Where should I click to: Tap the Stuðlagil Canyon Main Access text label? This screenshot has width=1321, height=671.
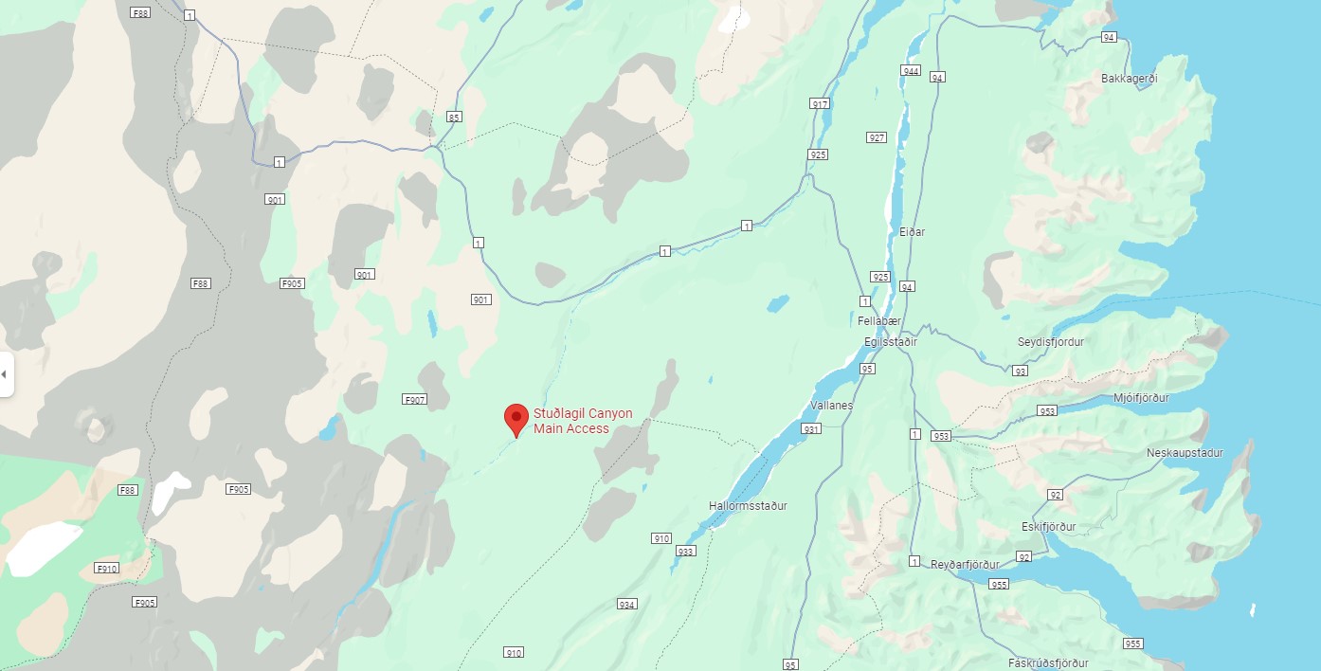[x=582, y=421]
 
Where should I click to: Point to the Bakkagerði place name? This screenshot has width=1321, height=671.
[x=1130, y=79]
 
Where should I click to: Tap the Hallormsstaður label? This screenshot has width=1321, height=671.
[x=748, y=506]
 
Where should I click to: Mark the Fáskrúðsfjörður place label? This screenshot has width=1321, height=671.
[x=1048, y=663]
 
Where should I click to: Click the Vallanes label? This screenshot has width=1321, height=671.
[x=832, y=406]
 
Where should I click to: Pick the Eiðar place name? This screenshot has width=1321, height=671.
[x=912, y=232]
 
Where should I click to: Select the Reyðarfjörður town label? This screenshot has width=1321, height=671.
[x=965, y=565]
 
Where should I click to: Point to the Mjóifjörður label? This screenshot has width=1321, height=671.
[x=1141, y=398]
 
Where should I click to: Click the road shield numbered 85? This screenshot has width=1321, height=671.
[x=454, y=117]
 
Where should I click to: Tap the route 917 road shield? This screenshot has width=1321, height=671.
[x=820, y=103]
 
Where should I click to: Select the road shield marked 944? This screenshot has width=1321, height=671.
[x=912, y=72]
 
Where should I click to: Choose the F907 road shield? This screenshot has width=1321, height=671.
[x=415, y=399]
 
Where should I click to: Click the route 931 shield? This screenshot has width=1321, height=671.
[x=810, y=429]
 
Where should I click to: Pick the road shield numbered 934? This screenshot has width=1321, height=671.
[x=626, y=604]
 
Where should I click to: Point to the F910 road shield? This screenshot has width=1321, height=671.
[x=106, y=569]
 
